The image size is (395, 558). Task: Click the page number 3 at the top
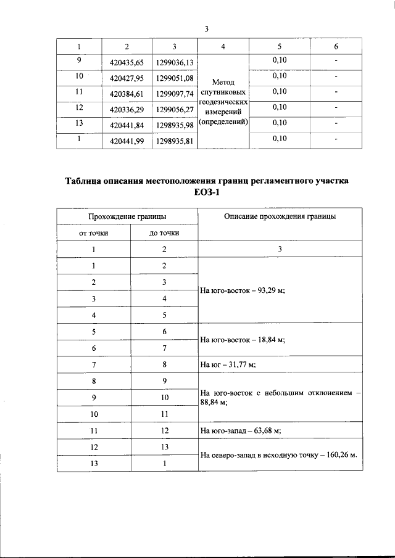click(207, 28)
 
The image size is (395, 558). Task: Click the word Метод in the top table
click(223, 81)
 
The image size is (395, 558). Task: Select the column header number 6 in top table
click(336, 47)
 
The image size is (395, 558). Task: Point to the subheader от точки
click(94, 233)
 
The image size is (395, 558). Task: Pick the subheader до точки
click(164, 233)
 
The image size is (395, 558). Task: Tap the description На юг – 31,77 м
click(228, 364)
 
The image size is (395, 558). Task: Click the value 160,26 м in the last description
click(338, 456)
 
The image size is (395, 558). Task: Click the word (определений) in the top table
click(223, 121)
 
